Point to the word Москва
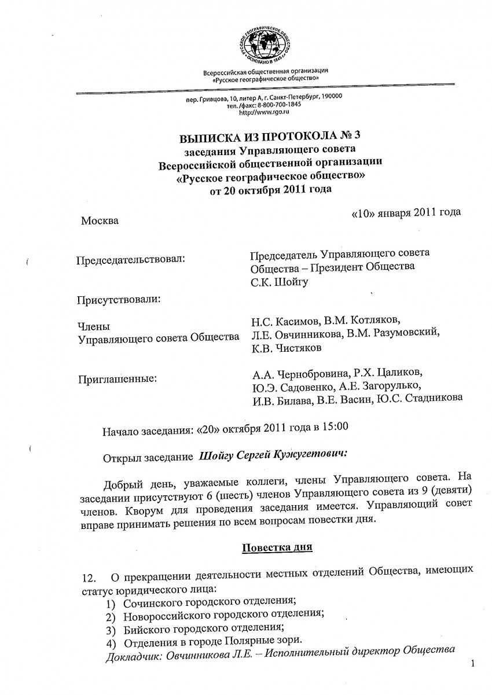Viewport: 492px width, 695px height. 100,220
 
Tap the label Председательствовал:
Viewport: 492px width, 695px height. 131,258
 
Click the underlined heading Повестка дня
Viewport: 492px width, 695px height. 277,547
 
